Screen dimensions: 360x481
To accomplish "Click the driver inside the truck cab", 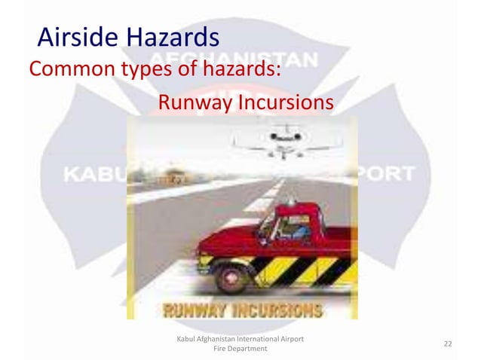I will [x=296, y=223].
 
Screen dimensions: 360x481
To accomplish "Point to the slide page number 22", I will [x=448, y=344].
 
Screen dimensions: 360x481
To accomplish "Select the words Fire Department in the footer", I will [x=240, y=350].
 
